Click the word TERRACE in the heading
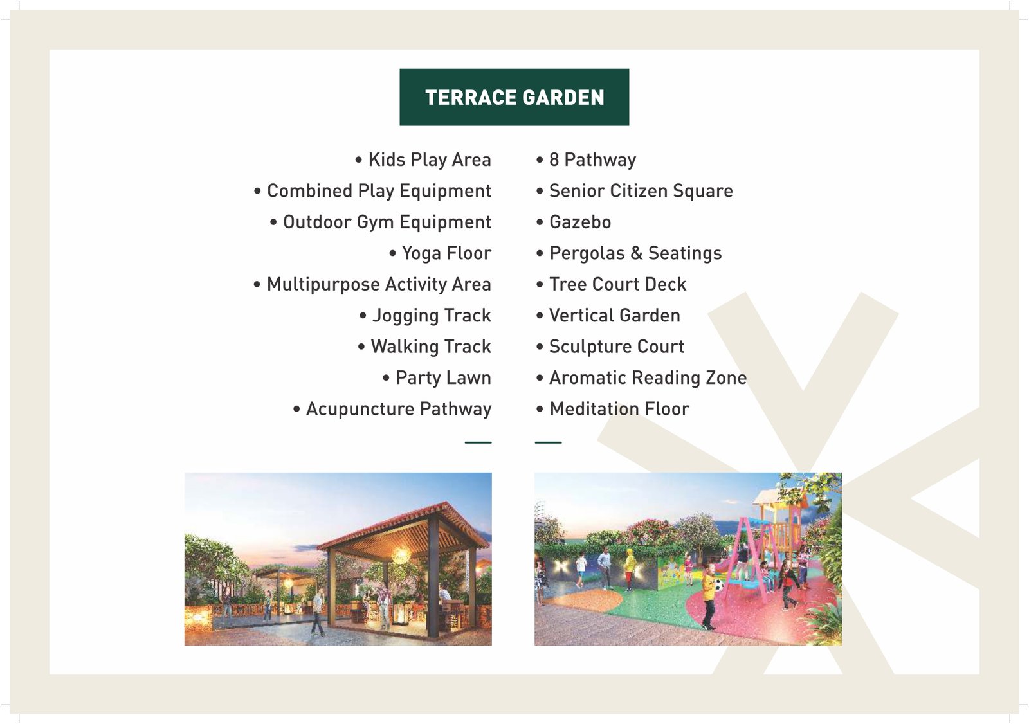click(x=471, y=97)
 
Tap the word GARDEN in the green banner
click(x=563, y=97)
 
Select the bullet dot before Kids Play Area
click(x=358, y=160)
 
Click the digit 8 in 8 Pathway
click(x=554, y=159)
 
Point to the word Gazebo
click(x=580, y=222)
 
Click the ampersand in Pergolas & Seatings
click(x=636, y=253)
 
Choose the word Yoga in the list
click(x=421, y=253)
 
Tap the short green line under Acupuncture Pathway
click(x=478, y=442)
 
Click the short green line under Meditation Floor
click(x=548, y=442)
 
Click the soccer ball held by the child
click(x=718, y=585)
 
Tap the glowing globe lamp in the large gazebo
click(x=401, y=556)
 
